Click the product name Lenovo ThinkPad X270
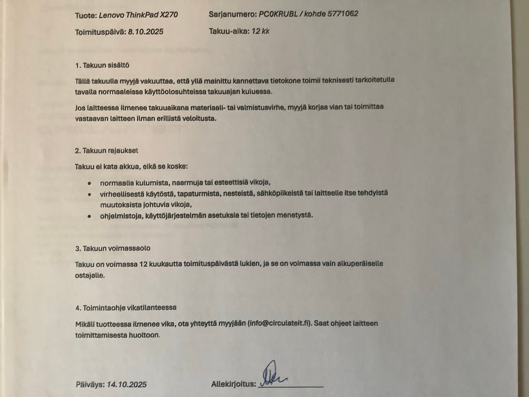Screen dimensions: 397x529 (138, 14)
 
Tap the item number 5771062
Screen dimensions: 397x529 (339, 14)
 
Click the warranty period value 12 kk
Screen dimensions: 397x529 (261, 32)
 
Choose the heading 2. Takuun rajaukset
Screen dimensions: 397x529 (107, 150)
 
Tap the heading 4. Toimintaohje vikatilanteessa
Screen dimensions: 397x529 (126, 308)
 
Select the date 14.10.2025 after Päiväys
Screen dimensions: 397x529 (127, 384)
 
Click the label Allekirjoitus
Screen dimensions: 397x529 (234, 384)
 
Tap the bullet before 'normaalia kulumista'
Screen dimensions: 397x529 (90, 182)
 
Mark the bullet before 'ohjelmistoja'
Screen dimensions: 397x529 (90, 216)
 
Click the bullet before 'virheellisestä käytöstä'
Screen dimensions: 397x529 (90, 194)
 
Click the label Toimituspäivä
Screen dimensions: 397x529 (100, 32)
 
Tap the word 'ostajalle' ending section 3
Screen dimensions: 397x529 (89, 275)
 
